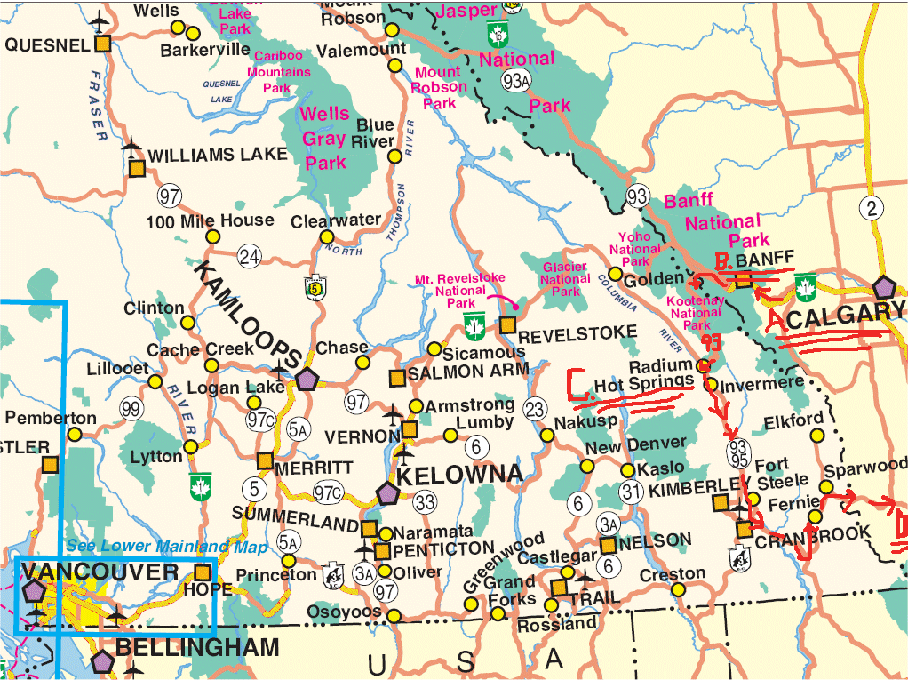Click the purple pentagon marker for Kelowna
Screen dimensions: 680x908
coord(386,492)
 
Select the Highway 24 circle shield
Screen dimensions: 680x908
coord(250,257)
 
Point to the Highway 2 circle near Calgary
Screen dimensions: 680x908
coord(872,209)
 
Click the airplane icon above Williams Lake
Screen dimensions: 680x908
coord(133,146)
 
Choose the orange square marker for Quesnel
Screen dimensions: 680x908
coord(104,44)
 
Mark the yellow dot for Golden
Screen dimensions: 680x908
coord(615,274)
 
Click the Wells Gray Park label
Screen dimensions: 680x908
coord(325,138)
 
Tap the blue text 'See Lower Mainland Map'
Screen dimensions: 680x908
coord(155,547)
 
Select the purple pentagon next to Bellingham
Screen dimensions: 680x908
coord(101,660)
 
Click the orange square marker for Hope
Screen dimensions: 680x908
coord(203,572)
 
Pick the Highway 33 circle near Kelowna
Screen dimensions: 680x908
coord(425,502)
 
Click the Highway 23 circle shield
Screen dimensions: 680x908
coord(534,410)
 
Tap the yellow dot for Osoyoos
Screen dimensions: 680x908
coord(394,615)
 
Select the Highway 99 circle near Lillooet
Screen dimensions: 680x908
coord(131,410)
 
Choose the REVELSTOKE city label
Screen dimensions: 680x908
coord(577,334)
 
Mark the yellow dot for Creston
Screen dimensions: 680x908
coord(678,589)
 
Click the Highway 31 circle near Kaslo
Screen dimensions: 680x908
coord(632,491)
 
